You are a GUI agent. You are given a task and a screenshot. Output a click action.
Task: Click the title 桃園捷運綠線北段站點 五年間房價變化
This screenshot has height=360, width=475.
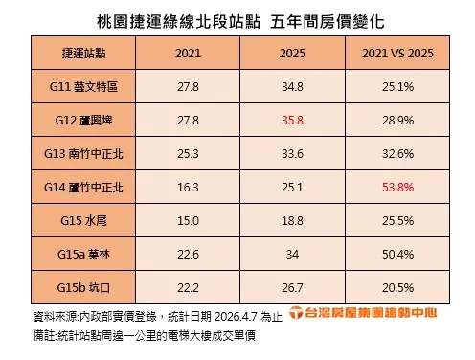tap(237, 19)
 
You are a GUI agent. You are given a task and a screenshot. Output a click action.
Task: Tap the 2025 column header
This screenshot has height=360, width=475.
tap(292, 54)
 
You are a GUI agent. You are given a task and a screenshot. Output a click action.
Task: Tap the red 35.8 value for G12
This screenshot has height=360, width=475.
tap(292, 122)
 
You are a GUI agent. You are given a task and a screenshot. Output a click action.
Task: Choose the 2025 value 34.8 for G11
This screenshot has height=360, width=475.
tap(292, 87)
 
